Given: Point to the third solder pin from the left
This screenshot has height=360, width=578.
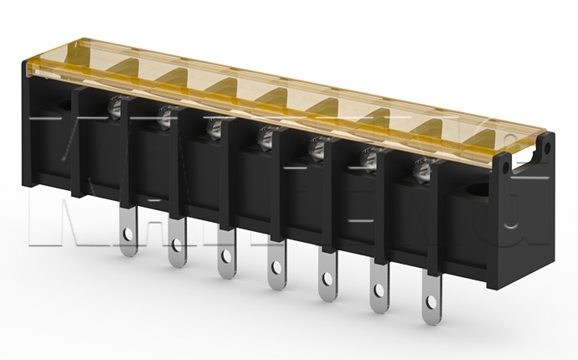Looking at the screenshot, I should tap(225, 255).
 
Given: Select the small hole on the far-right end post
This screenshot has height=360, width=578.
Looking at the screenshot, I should tap(548, 148).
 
